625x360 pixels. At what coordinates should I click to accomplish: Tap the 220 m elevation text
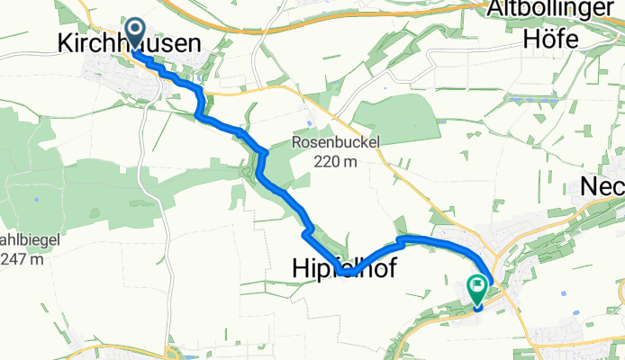click(337, 162)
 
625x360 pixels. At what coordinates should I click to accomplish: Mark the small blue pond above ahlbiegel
click(37, 199)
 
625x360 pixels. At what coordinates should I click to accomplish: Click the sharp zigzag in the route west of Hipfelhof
click(306, 234)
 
